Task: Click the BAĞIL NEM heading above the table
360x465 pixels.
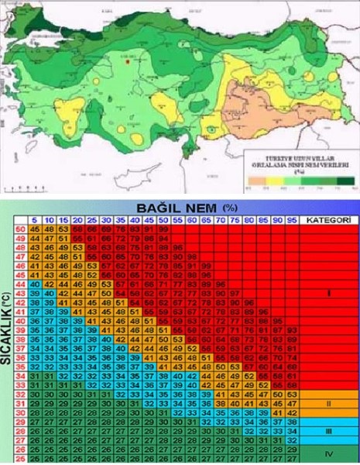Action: click(180, 209)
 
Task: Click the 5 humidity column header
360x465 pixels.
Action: click(36, 221)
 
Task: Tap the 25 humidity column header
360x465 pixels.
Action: click(92, 221)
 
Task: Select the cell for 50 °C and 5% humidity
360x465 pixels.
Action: click(36, 230)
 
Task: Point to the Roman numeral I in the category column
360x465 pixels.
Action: click(329, 294)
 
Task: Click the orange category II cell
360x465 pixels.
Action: click(329, 404)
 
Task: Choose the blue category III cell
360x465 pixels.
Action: click(329, 430)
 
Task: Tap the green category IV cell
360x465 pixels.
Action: click(329, 453)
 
